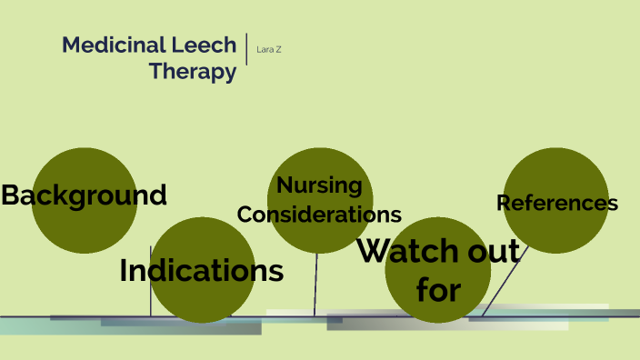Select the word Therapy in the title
[193, 72]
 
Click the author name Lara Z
[270, 49]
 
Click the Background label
[84, 195]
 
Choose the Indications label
[201, 270]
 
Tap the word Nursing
[319, 185]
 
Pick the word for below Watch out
[438, 290]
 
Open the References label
[557, 203]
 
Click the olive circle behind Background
[85, 164]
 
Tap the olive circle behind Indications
[201, 300]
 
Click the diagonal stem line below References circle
[499, 283]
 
